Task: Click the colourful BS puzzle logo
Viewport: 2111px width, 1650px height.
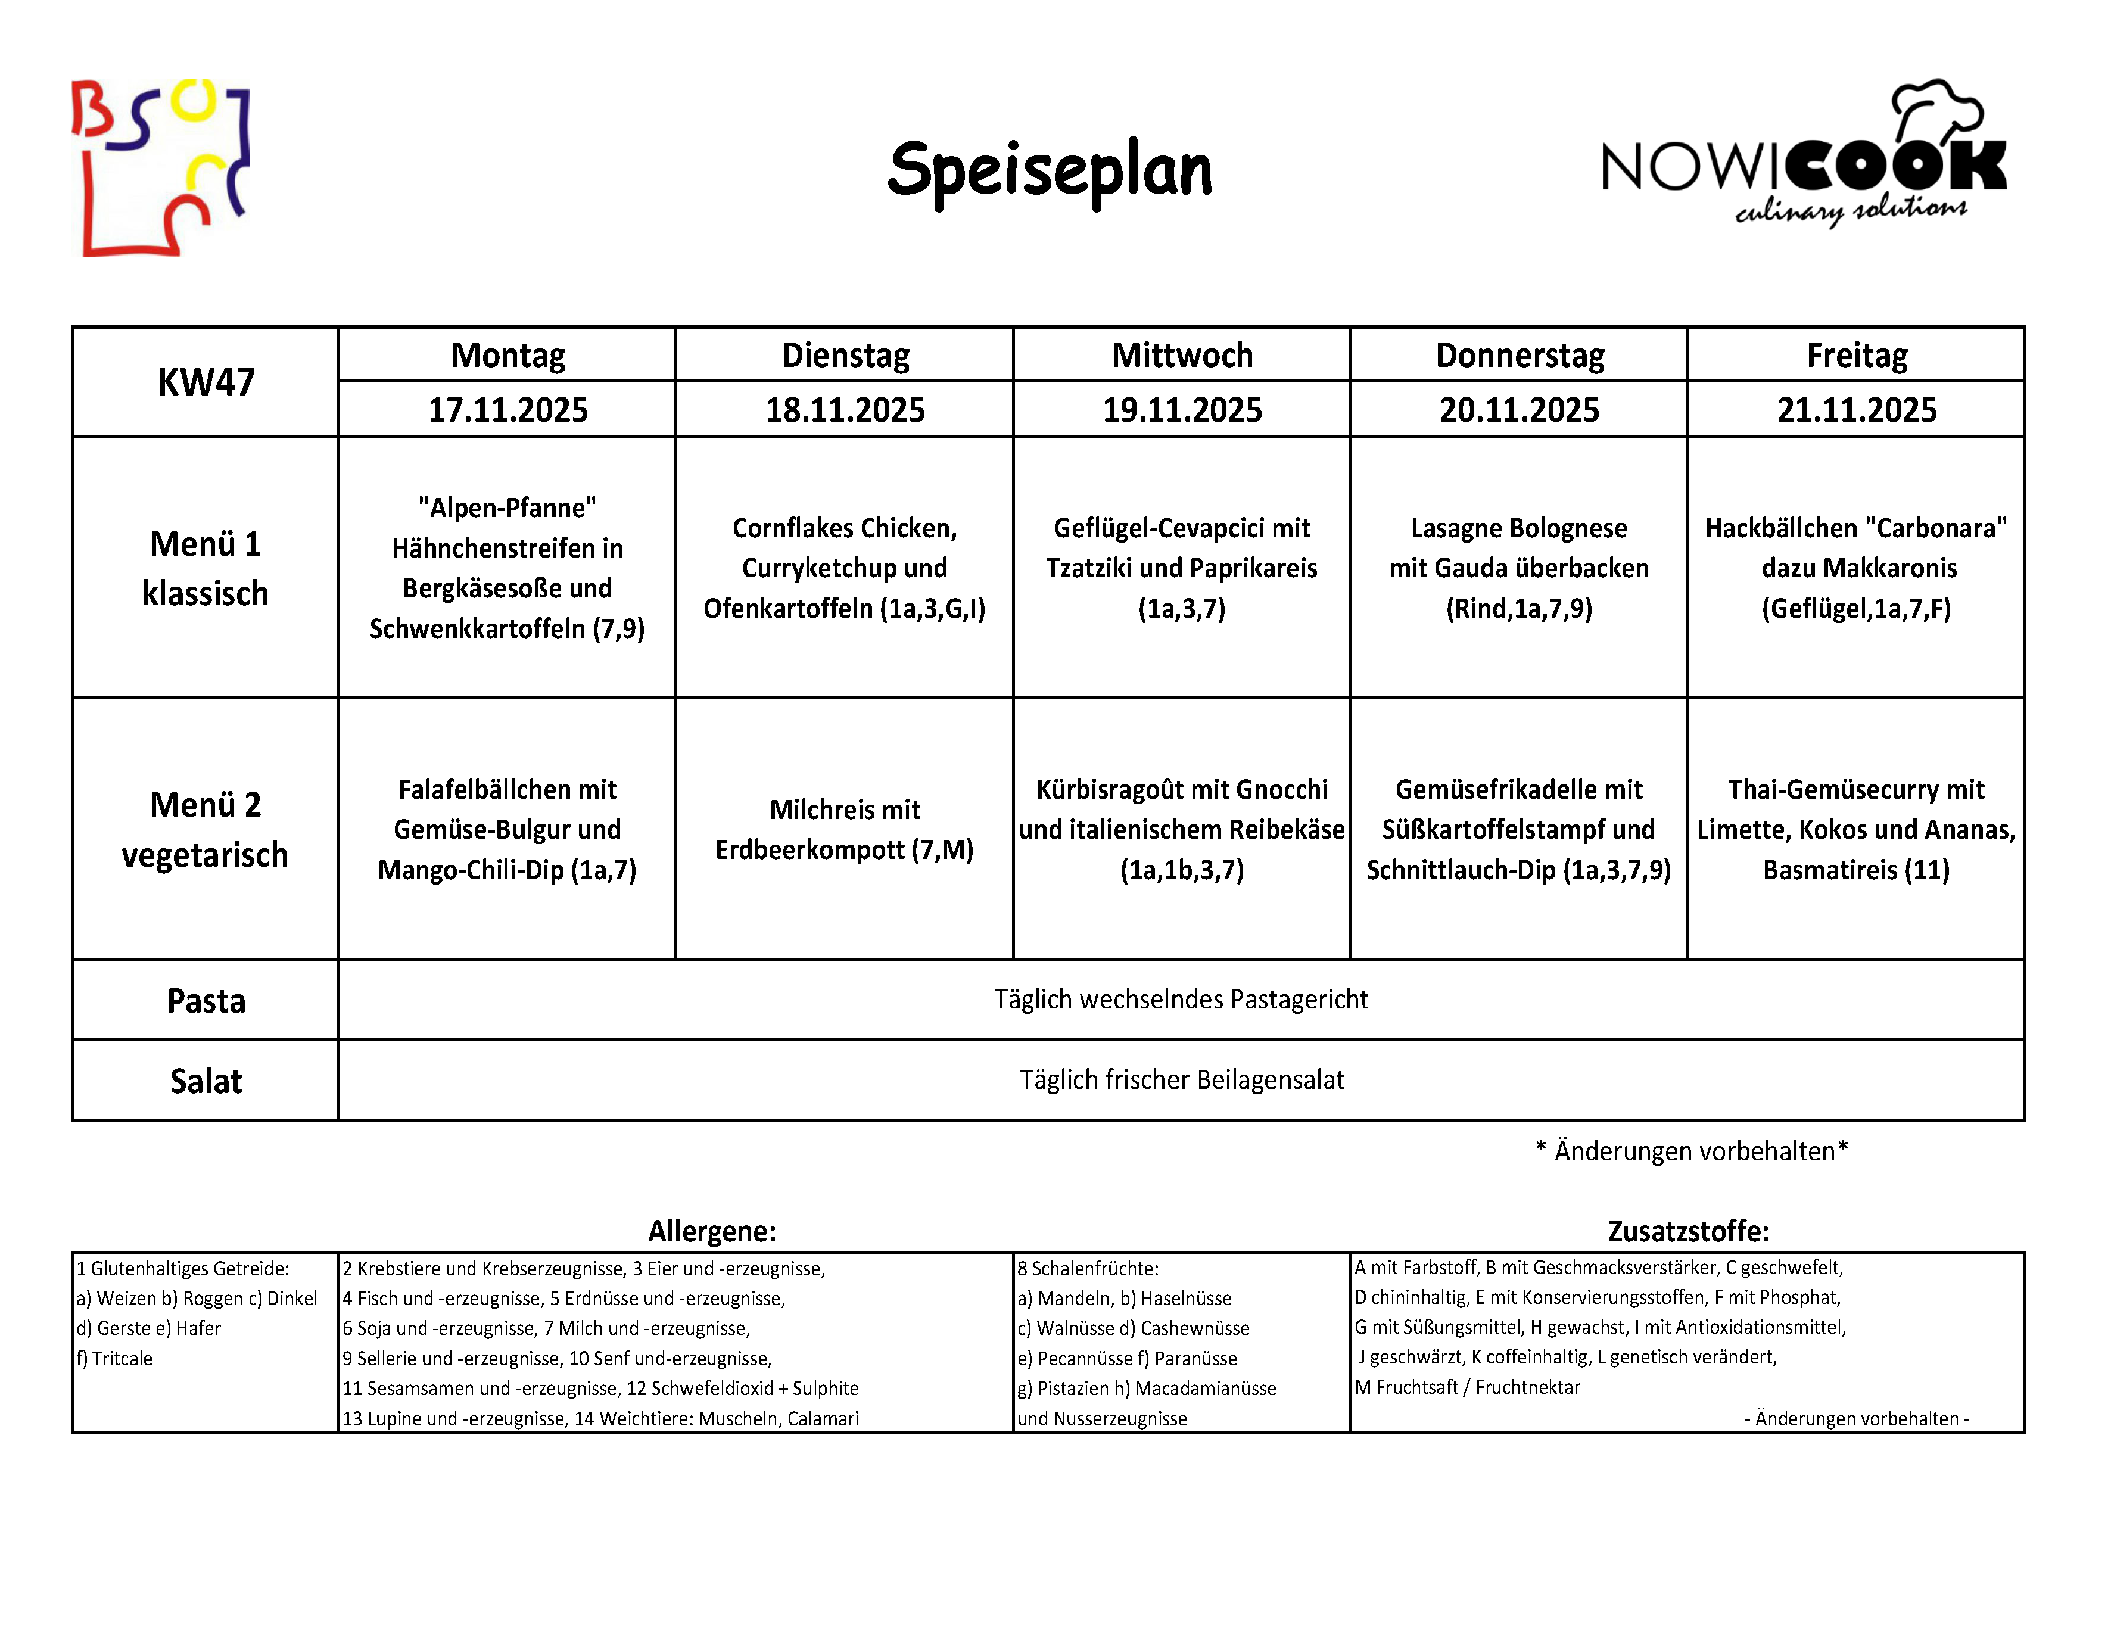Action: pyautogui.click(x=160, y=167)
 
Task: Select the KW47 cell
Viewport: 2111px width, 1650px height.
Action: pyautogui.click(x=206, y=382)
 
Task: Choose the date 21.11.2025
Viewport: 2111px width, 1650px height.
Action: pyautogui.click(x=1856, y=410)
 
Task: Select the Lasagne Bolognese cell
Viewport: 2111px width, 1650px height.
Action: pyautogui.click(x=1518, y=568)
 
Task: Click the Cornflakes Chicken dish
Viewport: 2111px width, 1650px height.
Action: pyautogui.click(x=844, y=568)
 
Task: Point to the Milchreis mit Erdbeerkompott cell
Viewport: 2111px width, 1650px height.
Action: pyautogui.click(x=844, y=829)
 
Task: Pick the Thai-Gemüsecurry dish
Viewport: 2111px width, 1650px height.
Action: pyautogui.click(x=1856, y=829)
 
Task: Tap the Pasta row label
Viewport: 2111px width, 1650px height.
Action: pyautogui.click(x=206, y=1001)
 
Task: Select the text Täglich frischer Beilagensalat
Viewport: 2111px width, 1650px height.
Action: pyautogui.click(x=1181, y=1080)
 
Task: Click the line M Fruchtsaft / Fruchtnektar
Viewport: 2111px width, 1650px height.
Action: pyautogui.click(x=1467, y=1387)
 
